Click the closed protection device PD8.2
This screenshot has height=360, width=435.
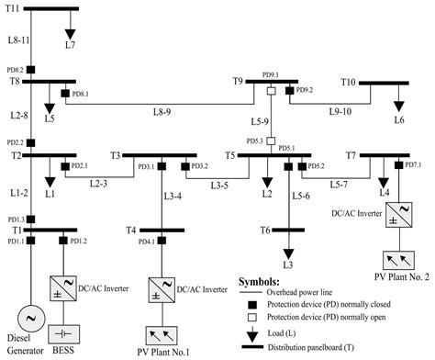[x=32, y=70]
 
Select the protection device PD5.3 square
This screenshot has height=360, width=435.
[x=272, y=141]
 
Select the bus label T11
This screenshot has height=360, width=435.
[x=11, y=8]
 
